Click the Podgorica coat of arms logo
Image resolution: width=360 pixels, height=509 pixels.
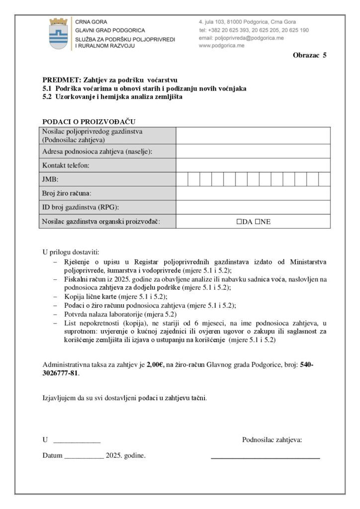[x=59, y=34]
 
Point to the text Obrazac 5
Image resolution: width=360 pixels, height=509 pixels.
[x=309, y=55]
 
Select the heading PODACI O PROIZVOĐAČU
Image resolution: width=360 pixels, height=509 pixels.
[x=89, y=122]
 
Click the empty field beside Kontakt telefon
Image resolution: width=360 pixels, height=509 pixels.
[x=253, y=165]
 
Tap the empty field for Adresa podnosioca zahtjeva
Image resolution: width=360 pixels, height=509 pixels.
[x=253, y=151]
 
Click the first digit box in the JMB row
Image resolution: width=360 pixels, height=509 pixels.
[x=182, y=179]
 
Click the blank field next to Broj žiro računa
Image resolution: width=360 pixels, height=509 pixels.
[x=253, y=193]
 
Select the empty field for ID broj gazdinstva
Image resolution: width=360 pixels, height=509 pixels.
[x=253, y=207]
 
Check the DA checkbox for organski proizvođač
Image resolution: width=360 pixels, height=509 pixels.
[x=240, y=222]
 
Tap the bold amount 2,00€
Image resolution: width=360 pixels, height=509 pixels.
[x=156, y=364]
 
